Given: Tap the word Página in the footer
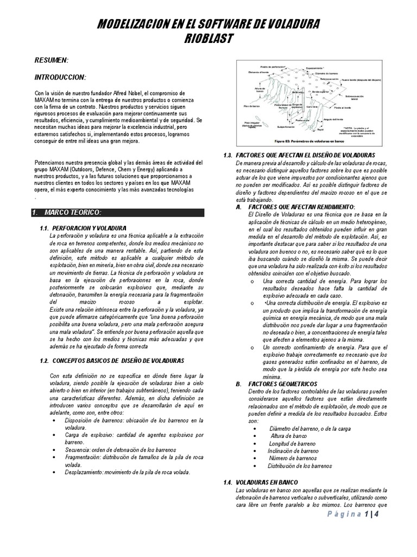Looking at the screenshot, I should click(346, 515).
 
